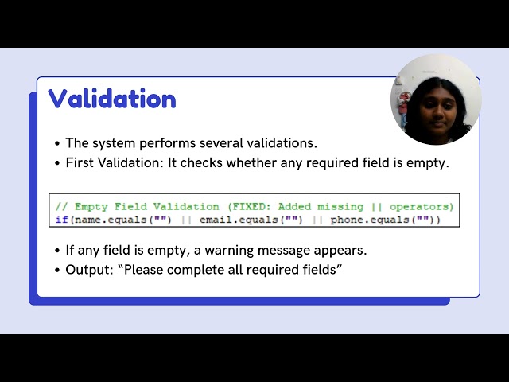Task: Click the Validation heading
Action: pyautogui.click(x=112, y=98)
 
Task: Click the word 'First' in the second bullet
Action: pyautogui.click(x=80, y=162)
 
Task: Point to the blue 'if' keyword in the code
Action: pyautogui.click(x=62, y=220)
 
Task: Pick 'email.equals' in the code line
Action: pyautogui.click(x=239, y=220)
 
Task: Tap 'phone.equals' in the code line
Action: pyautogui.click(x=370, y=220)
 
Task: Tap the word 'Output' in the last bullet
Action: pyautogui.click(x=87, y=270)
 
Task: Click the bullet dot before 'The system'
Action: pyautogui.click(x=57, y=143)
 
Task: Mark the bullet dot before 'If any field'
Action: pyautogui.click(x=57, y=251)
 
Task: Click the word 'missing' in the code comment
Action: pyautogui.click(x=340, y=207)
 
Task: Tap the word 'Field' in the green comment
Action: pyautogui.click(x=130, y=207)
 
